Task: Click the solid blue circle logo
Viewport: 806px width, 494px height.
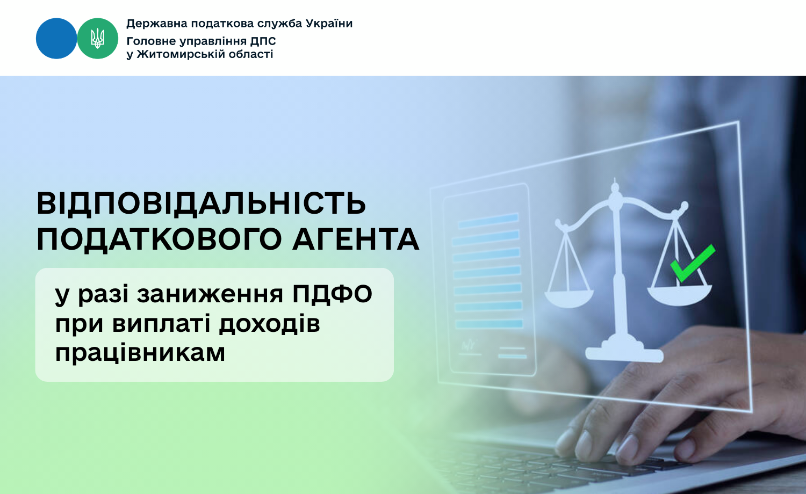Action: point(56,39)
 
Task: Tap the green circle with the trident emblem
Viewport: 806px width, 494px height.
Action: point(97,39)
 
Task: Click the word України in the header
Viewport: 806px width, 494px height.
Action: point(329,24)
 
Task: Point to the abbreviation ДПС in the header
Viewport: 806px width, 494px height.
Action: point(263,41)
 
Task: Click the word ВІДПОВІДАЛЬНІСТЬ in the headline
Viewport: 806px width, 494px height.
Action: point(201,204)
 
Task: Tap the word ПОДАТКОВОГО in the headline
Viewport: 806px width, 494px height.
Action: point(159,239)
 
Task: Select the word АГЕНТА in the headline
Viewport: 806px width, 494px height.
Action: point(356,239)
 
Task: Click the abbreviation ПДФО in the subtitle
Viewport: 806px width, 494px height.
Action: point(332,294)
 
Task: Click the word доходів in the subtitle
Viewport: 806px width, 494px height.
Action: point(270,324)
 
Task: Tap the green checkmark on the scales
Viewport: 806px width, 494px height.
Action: point(693,263)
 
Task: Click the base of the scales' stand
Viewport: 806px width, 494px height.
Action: point(624,354)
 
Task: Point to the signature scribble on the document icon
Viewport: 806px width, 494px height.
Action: point(469,345)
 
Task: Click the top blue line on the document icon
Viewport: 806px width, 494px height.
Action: point(488,221)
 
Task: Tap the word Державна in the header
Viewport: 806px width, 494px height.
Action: point(157,24)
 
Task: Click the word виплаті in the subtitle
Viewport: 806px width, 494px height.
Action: point(161,324)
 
